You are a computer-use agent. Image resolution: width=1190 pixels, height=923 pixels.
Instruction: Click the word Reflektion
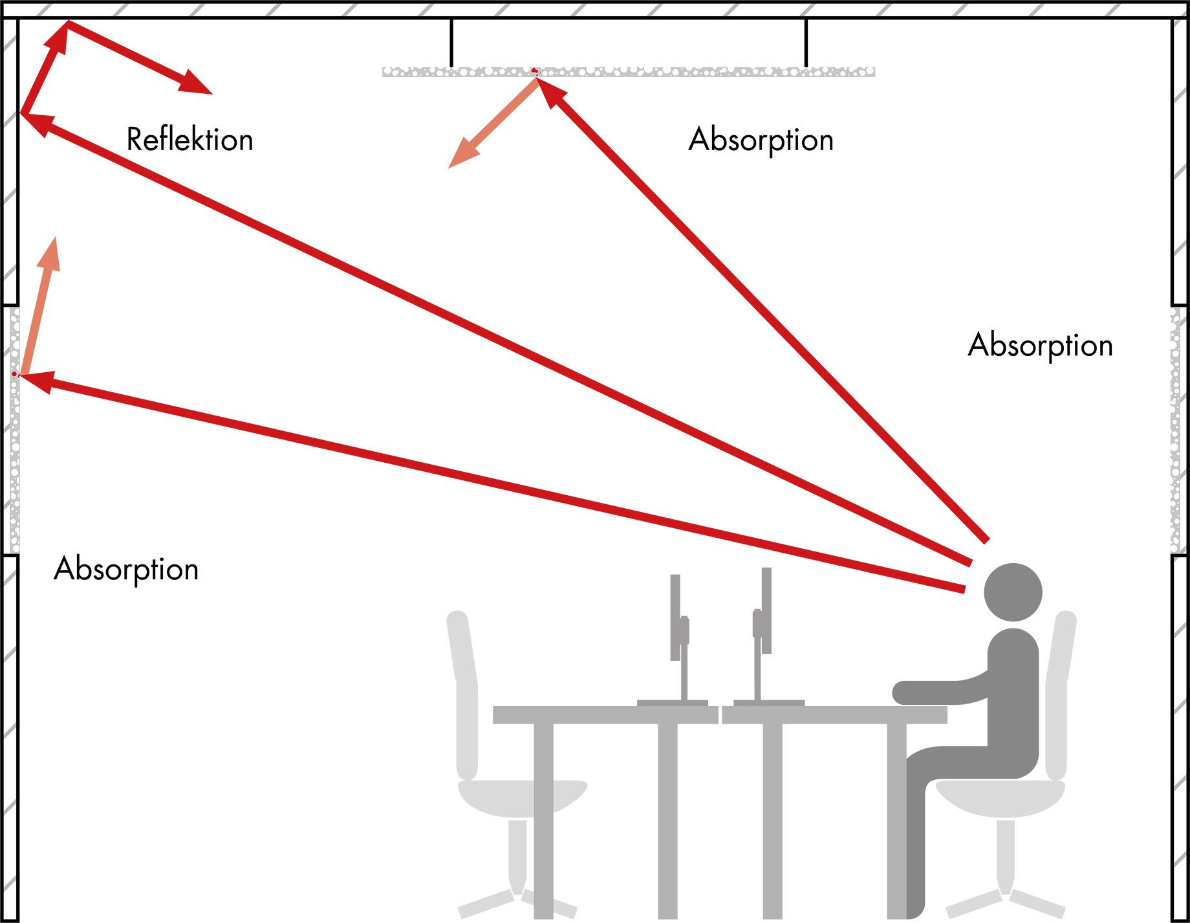[x=189, y=140]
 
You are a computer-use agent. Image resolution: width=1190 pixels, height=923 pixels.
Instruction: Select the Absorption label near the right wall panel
[x=1040, y=346]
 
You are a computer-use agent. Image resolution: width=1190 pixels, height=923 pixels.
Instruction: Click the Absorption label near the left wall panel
[x=126, y=570]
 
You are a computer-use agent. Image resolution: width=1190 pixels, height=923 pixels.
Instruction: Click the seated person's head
[x=1013, y=592]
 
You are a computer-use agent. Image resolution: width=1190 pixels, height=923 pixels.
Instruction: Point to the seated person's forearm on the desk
[x=938, y=692]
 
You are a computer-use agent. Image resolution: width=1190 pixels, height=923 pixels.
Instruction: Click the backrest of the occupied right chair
[x=1061, y=693]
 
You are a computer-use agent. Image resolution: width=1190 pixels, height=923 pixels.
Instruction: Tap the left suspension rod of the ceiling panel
[x=451, y=43]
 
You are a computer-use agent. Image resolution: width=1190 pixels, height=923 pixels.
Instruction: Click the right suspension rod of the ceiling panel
[x=806, y=43]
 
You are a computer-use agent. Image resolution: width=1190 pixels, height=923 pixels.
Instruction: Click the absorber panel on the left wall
[x=14, y=430]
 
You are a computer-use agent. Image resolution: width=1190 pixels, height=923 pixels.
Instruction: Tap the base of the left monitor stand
[x=673, y=703]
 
